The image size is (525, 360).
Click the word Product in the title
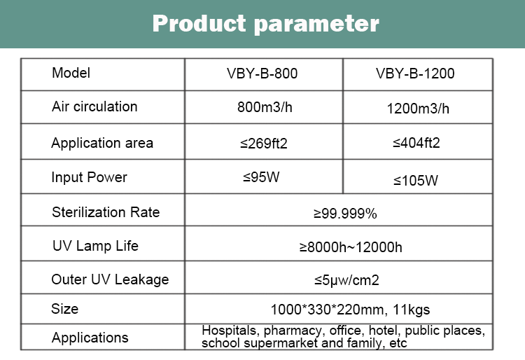tap(199, 23)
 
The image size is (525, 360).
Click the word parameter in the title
tap(316, 25)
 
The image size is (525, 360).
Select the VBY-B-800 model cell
tap(262, 74)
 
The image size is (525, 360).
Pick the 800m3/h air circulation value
tap(265, 107)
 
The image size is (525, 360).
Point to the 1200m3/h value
tap(418, 109)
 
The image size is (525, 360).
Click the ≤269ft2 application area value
tap(264, 144)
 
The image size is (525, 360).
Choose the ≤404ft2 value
tap(416, 143)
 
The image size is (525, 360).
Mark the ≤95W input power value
tap(261, 177)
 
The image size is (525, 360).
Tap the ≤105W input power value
tap(416, 181)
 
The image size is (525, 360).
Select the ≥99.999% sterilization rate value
tap(345, 214)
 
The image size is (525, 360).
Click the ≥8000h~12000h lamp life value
tap(351, 247)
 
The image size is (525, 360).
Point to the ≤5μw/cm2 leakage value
tap(346, 280)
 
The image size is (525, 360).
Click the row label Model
tap(71, 73)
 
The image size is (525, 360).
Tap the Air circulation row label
tap(94, 106)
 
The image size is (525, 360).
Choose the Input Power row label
tap(89, 177)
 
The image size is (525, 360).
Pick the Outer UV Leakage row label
tap(110, 279)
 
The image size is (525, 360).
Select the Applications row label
tap(90, 337)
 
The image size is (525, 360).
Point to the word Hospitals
tap(229, 331)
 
